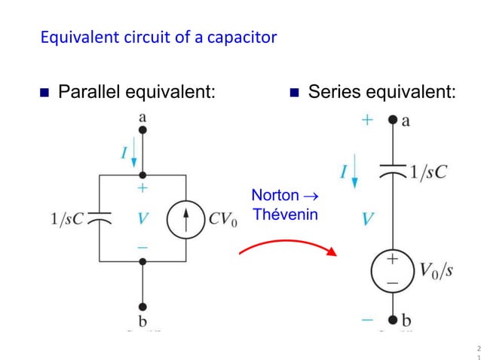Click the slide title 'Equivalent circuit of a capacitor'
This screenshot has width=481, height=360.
click(x=158, y=36)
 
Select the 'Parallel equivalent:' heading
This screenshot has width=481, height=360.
click(x=136, y=92)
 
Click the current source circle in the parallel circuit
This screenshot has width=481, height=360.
click(x=185, y=218)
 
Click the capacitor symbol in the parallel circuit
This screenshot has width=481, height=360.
click(x=100, y=218)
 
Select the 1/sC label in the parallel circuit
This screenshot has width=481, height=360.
click(x=66, y=219)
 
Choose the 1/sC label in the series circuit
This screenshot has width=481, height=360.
click(x=428, y=172)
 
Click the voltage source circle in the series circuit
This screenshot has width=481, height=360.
click(x=391, y=269)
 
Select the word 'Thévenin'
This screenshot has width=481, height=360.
click(x=285, y=214)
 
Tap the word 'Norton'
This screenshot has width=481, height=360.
click(x=274, y=196)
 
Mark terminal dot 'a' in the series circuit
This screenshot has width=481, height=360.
click(x=391, y=120)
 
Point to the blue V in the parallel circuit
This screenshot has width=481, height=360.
click(x=142, y=219)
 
